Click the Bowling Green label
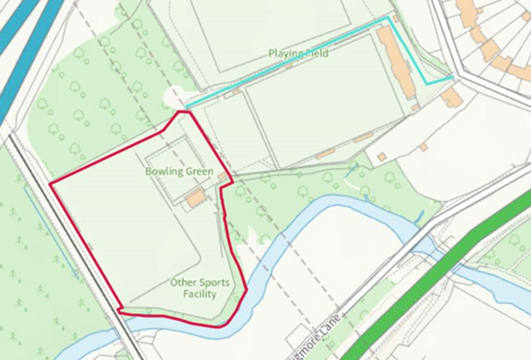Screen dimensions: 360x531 pyautogui.click(x=179, y=172)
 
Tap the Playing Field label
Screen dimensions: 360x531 pyautogui.click(x=298, y=53)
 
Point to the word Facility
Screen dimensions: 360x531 pyautogui.click(x=200, y=294)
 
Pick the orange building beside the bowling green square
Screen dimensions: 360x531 pyautogui.click(x=196, y=198)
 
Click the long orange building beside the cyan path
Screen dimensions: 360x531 pyautogui.click(x=395, y=59)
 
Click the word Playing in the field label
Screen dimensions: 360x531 pyautogui.click(x=282, y=53)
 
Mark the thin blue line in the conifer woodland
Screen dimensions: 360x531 pyautogui.click(x=51, y=233)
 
